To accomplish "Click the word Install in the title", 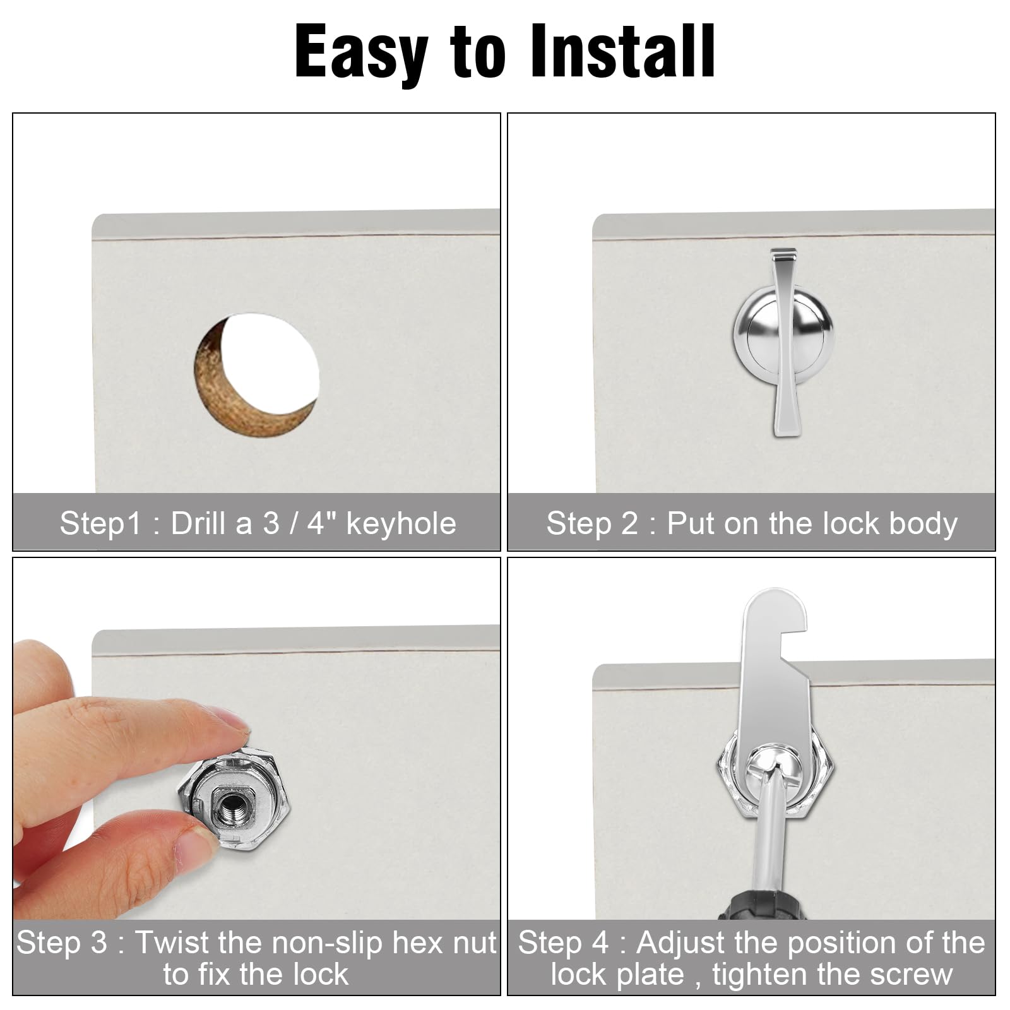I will [x=622, y=52].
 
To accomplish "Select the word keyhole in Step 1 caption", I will [x=401, y=524].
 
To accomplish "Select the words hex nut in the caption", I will [x=444, y=942].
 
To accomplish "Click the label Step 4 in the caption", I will [x=563, y=942].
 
